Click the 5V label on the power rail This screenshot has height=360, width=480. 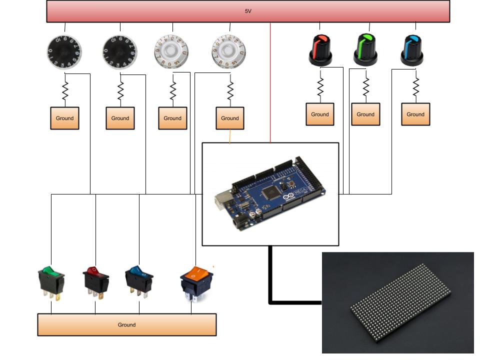click(x=247, y=10)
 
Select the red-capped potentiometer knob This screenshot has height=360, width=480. click(x=320, y=50)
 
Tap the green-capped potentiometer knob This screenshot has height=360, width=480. click(x=366, y=49)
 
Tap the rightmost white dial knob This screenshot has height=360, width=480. click(x=229, y=50)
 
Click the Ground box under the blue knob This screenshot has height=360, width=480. click(x=415, y=114)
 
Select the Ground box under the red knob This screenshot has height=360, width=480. click(x=320, y=114)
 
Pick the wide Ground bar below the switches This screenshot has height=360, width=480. click(x=126, y=324)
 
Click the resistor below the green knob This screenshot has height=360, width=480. click(x=365, y=86)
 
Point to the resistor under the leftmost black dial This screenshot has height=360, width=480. click(x=64, y=91)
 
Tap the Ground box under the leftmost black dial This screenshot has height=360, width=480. click(x=64, y=118)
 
